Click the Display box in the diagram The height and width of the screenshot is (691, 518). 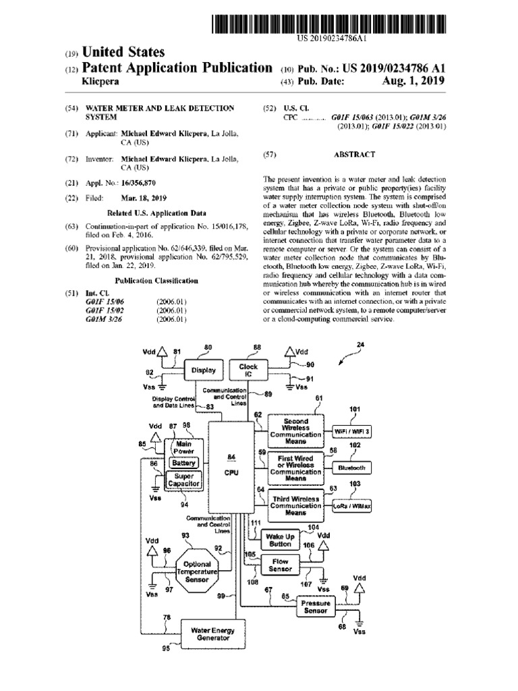click(x=204, y=370)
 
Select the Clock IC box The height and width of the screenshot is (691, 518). click(x=248, y=370)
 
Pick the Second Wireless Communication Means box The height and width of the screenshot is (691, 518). click(x=295, y=430)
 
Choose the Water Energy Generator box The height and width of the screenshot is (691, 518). click(x=212, y=634)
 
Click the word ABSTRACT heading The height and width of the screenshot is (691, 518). click(x=354, y=155)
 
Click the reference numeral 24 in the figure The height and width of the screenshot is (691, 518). click(x=360, y=345)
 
